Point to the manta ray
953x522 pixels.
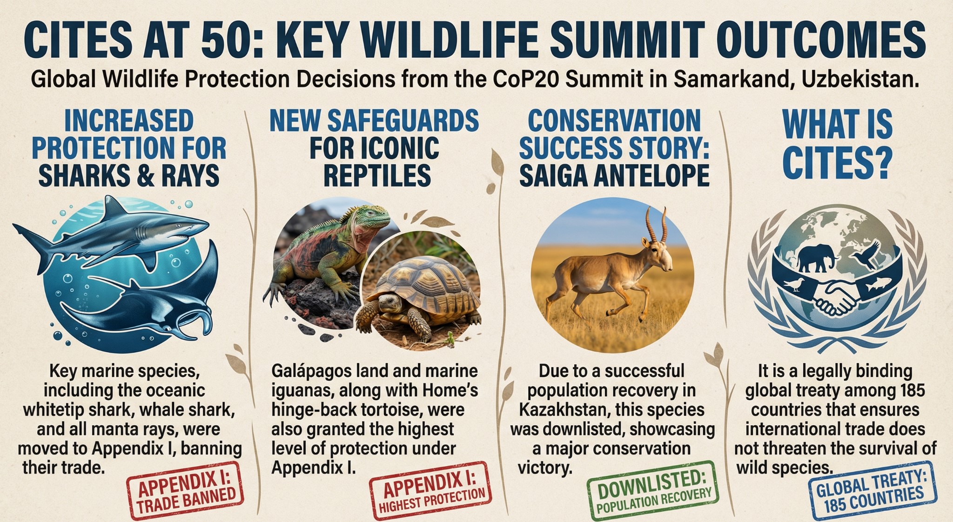click(149, 298)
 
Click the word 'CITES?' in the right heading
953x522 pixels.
click(838, 163)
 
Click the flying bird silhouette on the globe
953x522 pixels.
click(866, 254)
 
